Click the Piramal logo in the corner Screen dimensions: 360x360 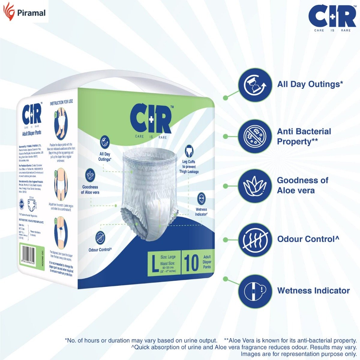[24, 12]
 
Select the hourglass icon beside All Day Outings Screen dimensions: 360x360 [255, 85]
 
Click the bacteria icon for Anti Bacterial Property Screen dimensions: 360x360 [255, 136]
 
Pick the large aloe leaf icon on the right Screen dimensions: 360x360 [255, 186]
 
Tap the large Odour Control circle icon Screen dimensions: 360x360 [255, 239]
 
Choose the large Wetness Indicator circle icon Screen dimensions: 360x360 [255, 290]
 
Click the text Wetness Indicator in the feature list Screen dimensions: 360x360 [313, 290]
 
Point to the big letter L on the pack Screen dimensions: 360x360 [155, 263]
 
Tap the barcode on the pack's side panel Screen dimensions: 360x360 [31, 255]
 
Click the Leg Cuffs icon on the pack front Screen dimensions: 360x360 [189, 151]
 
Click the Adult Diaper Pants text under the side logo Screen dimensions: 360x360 [32, 133]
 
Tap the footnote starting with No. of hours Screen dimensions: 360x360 [141, 340]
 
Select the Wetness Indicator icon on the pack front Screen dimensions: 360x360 [201, 199]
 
